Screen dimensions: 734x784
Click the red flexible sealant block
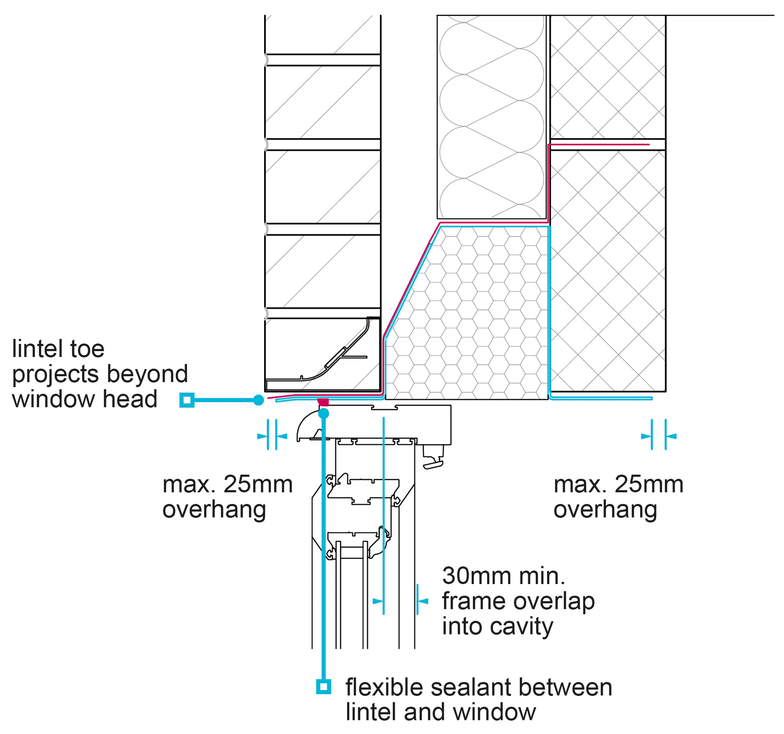(323, 402)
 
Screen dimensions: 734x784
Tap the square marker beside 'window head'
(187, 400)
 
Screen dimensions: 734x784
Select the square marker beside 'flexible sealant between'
(323, 687)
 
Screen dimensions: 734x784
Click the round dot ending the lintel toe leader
(258, 400)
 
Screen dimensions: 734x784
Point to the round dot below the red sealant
(323, 414)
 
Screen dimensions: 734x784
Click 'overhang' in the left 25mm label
(214, 510)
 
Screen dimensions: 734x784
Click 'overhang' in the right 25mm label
(605, 510)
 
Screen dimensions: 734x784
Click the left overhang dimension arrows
(272, 436)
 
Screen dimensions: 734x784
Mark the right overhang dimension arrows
(659, 436)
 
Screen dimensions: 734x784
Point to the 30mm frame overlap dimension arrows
(401, 601)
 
